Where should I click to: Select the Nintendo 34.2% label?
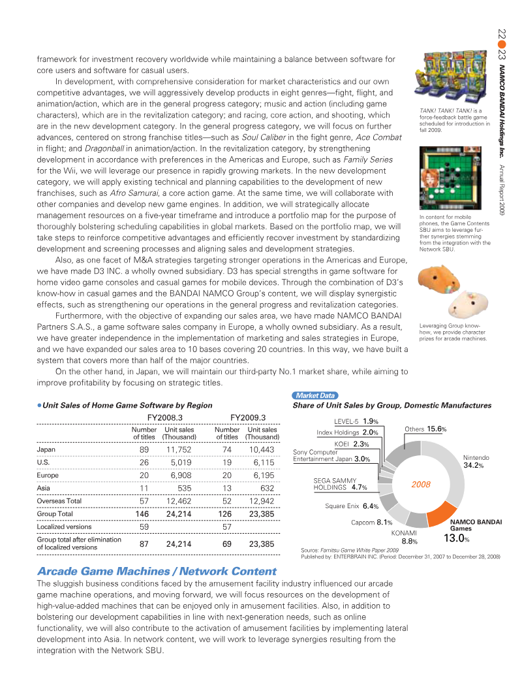tap(476, 462)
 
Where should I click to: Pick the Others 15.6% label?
tap(425, 429)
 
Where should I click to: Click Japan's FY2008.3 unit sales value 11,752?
tap(177, 450)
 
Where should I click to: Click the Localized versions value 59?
tap(145, 526)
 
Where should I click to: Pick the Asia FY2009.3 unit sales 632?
tap(267, 488)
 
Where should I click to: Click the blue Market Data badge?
tap(316, 396)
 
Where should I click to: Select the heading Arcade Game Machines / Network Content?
tap(157, 571)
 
